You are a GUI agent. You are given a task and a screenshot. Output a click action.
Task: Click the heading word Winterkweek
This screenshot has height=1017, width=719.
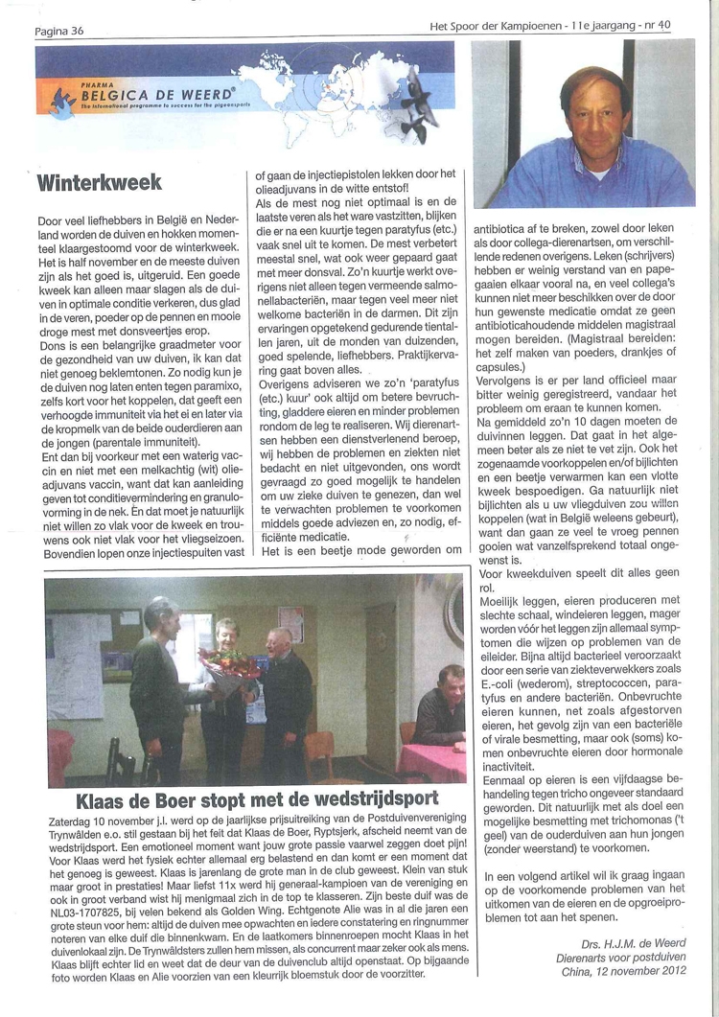99,181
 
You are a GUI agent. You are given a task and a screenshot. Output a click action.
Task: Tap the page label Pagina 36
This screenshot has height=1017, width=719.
58,31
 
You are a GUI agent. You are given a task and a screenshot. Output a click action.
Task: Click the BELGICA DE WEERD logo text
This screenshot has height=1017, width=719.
159,95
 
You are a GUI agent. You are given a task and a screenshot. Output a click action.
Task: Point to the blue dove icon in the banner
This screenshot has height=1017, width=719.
64,100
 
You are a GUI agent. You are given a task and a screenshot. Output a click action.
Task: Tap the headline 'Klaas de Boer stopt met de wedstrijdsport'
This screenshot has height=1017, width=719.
258,798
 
